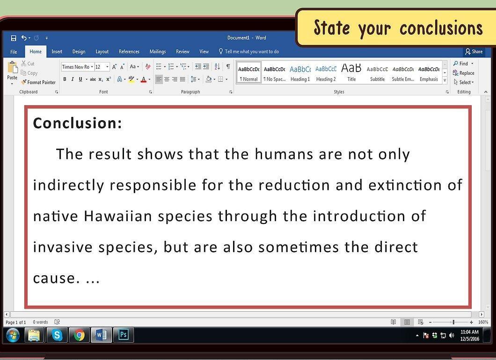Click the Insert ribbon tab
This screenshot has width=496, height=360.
pyautogui.click(x=57, y=51)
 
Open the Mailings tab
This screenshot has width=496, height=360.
pyautogui.click(x=158, y=51)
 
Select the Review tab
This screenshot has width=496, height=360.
pyautogui.click(x=182, y=51)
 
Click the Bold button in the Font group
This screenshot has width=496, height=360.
pyautogui.click(x=65, y=79)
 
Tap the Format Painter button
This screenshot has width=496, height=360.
pyautogui.click(x=38, y=82)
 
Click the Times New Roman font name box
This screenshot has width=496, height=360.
pyautogui.click(x=76, y=67)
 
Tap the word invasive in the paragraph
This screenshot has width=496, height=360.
pyautogui.click(x=63, y=247)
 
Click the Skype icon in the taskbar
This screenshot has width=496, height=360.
pyautogui.click(x=57, y=335)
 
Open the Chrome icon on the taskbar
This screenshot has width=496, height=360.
pyautogui.click(x=79, y=335)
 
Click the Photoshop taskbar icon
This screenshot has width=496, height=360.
pyautogui.click(x=124, y=335)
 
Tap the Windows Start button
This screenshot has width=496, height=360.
pyautogui.click(x=13, y=335)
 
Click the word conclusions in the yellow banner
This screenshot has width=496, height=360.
pyautogui.click(x=441, y=28)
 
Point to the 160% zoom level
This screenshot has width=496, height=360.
pyautogui.click(x=483, y=322)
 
